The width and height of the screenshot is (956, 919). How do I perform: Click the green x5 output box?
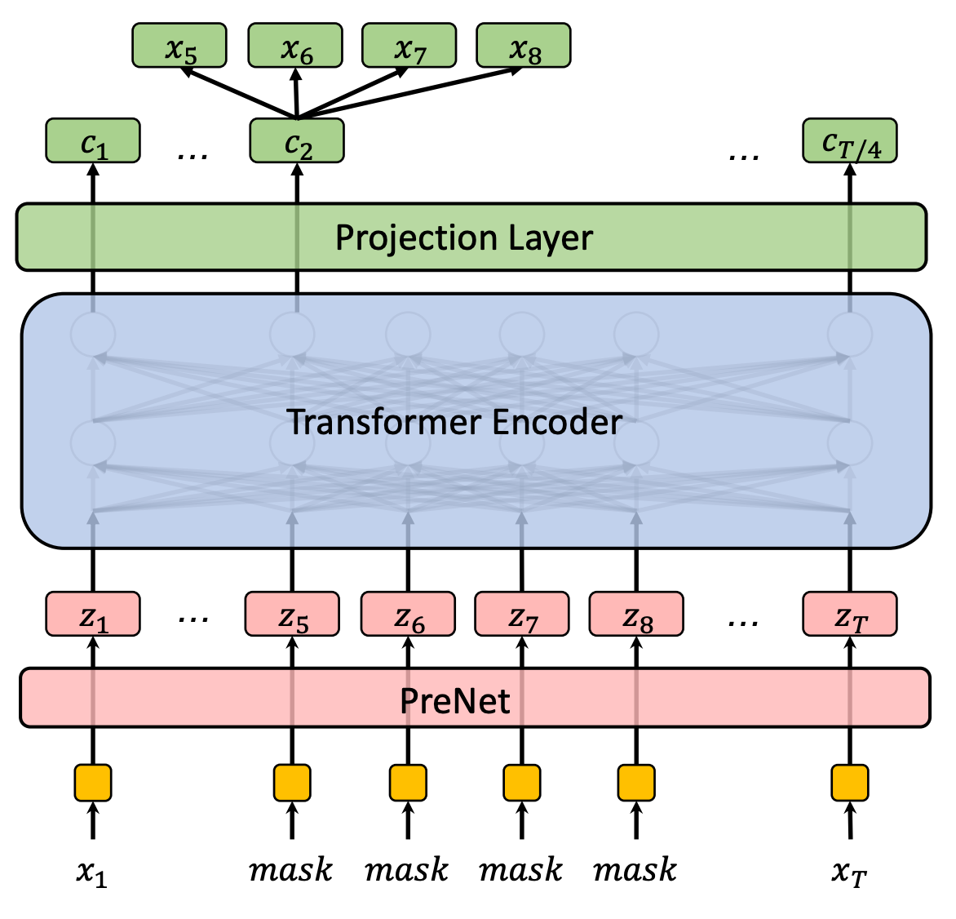click(x=179, y=46)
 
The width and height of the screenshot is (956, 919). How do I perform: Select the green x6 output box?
click(x=294, y=46)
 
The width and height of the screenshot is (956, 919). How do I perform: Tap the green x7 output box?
click(x=409, y=46)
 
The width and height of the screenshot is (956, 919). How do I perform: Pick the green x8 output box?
click(x=523, y=46)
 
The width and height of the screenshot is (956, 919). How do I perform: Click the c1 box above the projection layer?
click(x=93, y=141)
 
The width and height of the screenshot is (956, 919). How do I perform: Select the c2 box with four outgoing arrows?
click(x=297, y=141)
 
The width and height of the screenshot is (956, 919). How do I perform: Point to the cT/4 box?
click(x=849, y=141)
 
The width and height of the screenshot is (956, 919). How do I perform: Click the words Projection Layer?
click(x=463, y=238)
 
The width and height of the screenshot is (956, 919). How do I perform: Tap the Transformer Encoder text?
click(x=454, y=422)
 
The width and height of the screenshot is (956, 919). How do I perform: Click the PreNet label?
click(x=454, y=699)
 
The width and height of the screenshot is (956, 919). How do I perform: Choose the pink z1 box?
click(x=93, y=615)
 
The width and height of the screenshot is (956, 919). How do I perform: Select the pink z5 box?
click(x=292, y=615)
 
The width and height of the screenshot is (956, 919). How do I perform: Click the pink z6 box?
click(x=408, y=615)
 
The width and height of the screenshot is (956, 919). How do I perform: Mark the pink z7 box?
click(x=522, y=615)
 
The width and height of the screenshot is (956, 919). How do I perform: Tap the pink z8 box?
click(x=636, y=615)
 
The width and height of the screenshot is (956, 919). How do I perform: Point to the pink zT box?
click(x=849, y=615)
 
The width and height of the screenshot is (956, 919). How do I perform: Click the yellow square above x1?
click(x=93, y=783)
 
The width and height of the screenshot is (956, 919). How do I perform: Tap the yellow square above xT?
click(x=849, y=783)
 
